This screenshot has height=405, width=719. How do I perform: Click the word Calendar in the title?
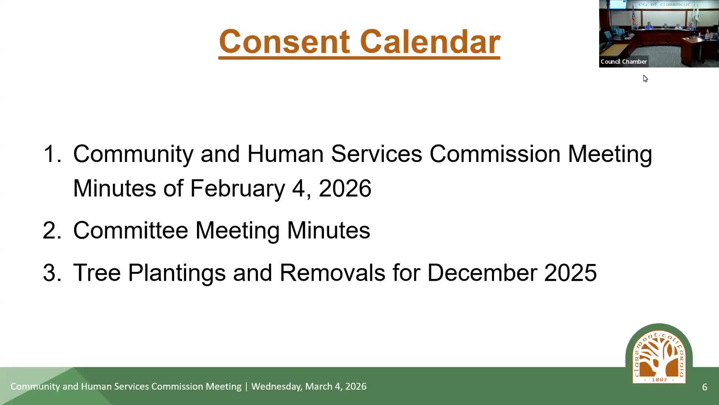click(x=430, y=42)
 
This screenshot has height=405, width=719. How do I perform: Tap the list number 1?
click(x=52, y=154)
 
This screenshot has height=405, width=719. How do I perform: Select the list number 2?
click(x=52, y=230)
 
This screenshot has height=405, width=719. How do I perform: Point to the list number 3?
click(x=52, y=273)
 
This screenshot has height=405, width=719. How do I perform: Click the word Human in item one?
click(x=285, y=154)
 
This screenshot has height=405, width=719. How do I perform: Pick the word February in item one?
click(x=237, y=188)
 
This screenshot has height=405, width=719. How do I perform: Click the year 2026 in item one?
click(x=345, y=188)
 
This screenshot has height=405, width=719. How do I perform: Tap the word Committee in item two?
click(x=130, y=230)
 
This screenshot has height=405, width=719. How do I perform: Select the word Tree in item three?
click(x=97, y=273)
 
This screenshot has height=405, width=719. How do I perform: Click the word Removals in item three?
click(x=333, y=273)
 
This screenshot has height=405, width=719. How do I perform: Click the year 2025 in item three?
click(x=570, y=273)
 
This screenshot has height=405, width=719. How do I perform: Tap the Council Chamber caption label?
click(x=624, y=61)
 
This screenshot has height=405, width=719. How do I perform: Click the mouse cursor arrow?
click(x=645, y=79)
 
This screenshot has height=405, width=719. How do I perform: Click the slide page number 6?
click(x=705, y=387)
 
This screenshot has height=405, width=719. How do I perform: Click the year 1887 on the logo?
click(x=659, y=379)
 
